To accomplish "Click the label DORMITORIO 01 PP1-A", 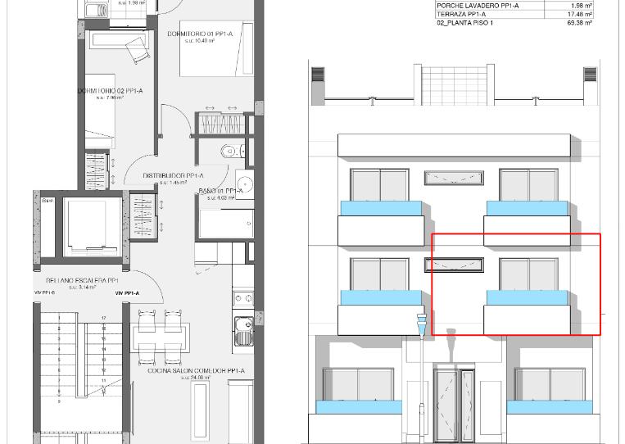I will (x=201, y=34).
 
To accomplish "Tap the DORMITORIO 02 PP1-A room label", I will (x=111, y=91).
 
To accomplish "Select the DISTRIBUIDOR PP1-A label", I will (x=173, y=175).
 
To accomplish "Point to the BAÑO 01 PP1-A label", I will (x=220, y=191).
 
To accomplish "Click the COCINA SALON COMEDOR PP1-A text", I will (x=196, y=370).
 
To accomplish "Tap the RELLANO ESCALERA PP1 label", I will (x=82, y=281).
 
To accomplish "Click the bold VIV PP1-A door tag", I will (x=127, y=292).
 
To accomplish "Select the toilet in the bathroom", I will (x=229, y=151).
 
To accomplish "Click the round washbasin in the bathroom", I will (x=244, y=183).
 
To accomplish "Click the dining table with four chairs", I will (x=161, y=336).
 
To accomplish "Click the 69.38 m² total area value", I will (x=580, y=23).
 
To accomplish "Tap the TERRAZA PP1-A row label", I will (x=461, y=14).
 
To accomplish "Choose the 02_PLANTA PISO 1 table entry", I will (x=464, y=23).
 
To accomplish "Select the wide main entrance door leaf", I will (x=446, y=405).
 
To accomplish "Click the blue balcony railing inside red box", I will (x=527, y=297).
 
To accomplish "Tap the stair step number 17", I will (x=103, y=317).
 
